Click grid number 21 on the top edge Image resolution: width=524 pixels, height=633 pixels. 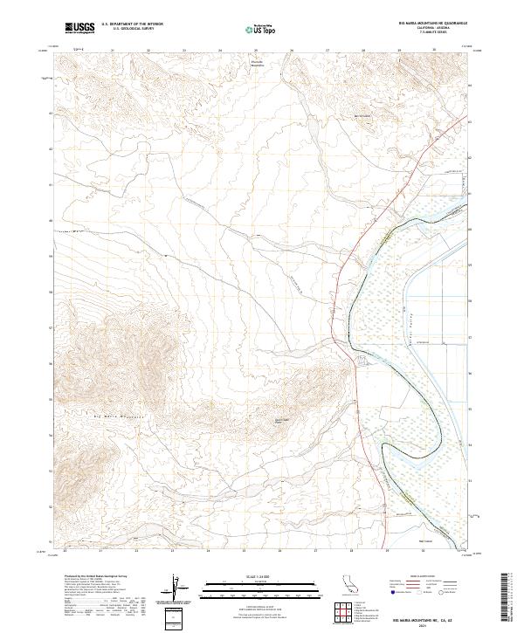click(x=114, y=51)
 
